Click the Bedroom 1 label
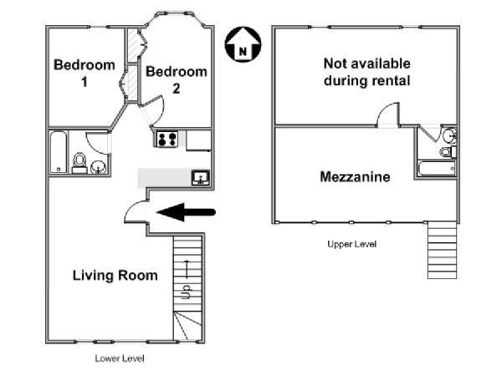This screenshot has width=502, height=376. pyautogui.click(x=85, y=74)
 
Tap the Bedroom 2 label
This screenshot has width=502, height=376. pyautogui.click(x=177, y=80)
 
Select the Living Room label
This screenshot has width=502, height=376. pyautogui.click(x=115, y=275)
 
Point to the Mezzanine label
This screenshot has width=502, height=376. pyautogui.click(x=355, y=177)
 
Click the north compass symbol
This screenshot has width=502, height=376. pyautogui.click(x=243, y=44)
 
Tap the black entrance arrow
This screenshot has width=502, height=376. pyautogui.click(x=186, y=212)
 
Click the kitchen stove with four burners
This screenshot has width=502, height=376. pyautogui.click(x=167, y=139)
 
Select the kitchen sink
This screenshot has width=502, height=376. pyautogui.click(x=201, y=178)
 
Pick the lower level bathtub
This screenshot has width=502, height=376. pyautogui.click(x=59, y=152)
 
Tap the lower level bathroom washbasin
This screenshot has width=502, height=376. pyautogui.click(x=98, y=167)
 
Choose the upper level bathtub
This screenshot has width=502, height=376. pyautogui.click(x=437, y=169)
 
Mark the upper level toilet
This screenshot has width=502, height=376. pyautogui.click(x=448, y=151)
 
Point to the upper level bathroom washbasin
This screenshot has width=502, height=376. pyautogui.click(x=450, y=135)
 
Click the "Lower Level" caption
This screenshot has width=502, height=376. pyautogui.click(x=120, y=358)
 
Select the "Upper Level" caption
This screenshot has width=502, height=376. pyautogui.click(x=352, y=244)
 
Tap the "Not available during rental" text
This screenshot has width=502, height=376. pyautogui.click(x=367, y=72)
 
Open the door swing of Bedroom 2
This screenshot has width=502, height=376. pyautogui.click(x=154, y=109)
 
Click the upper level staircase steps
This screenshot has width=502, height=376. pyautogui.click(x=442, y=251)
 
